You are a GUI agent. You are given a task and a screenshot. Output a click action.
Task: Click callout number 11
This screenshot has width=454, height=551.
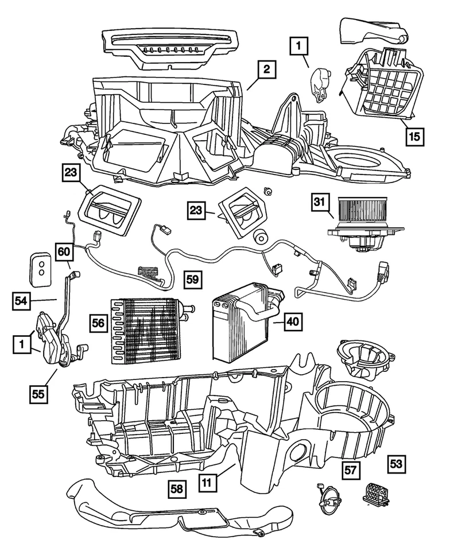(209, 483)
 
